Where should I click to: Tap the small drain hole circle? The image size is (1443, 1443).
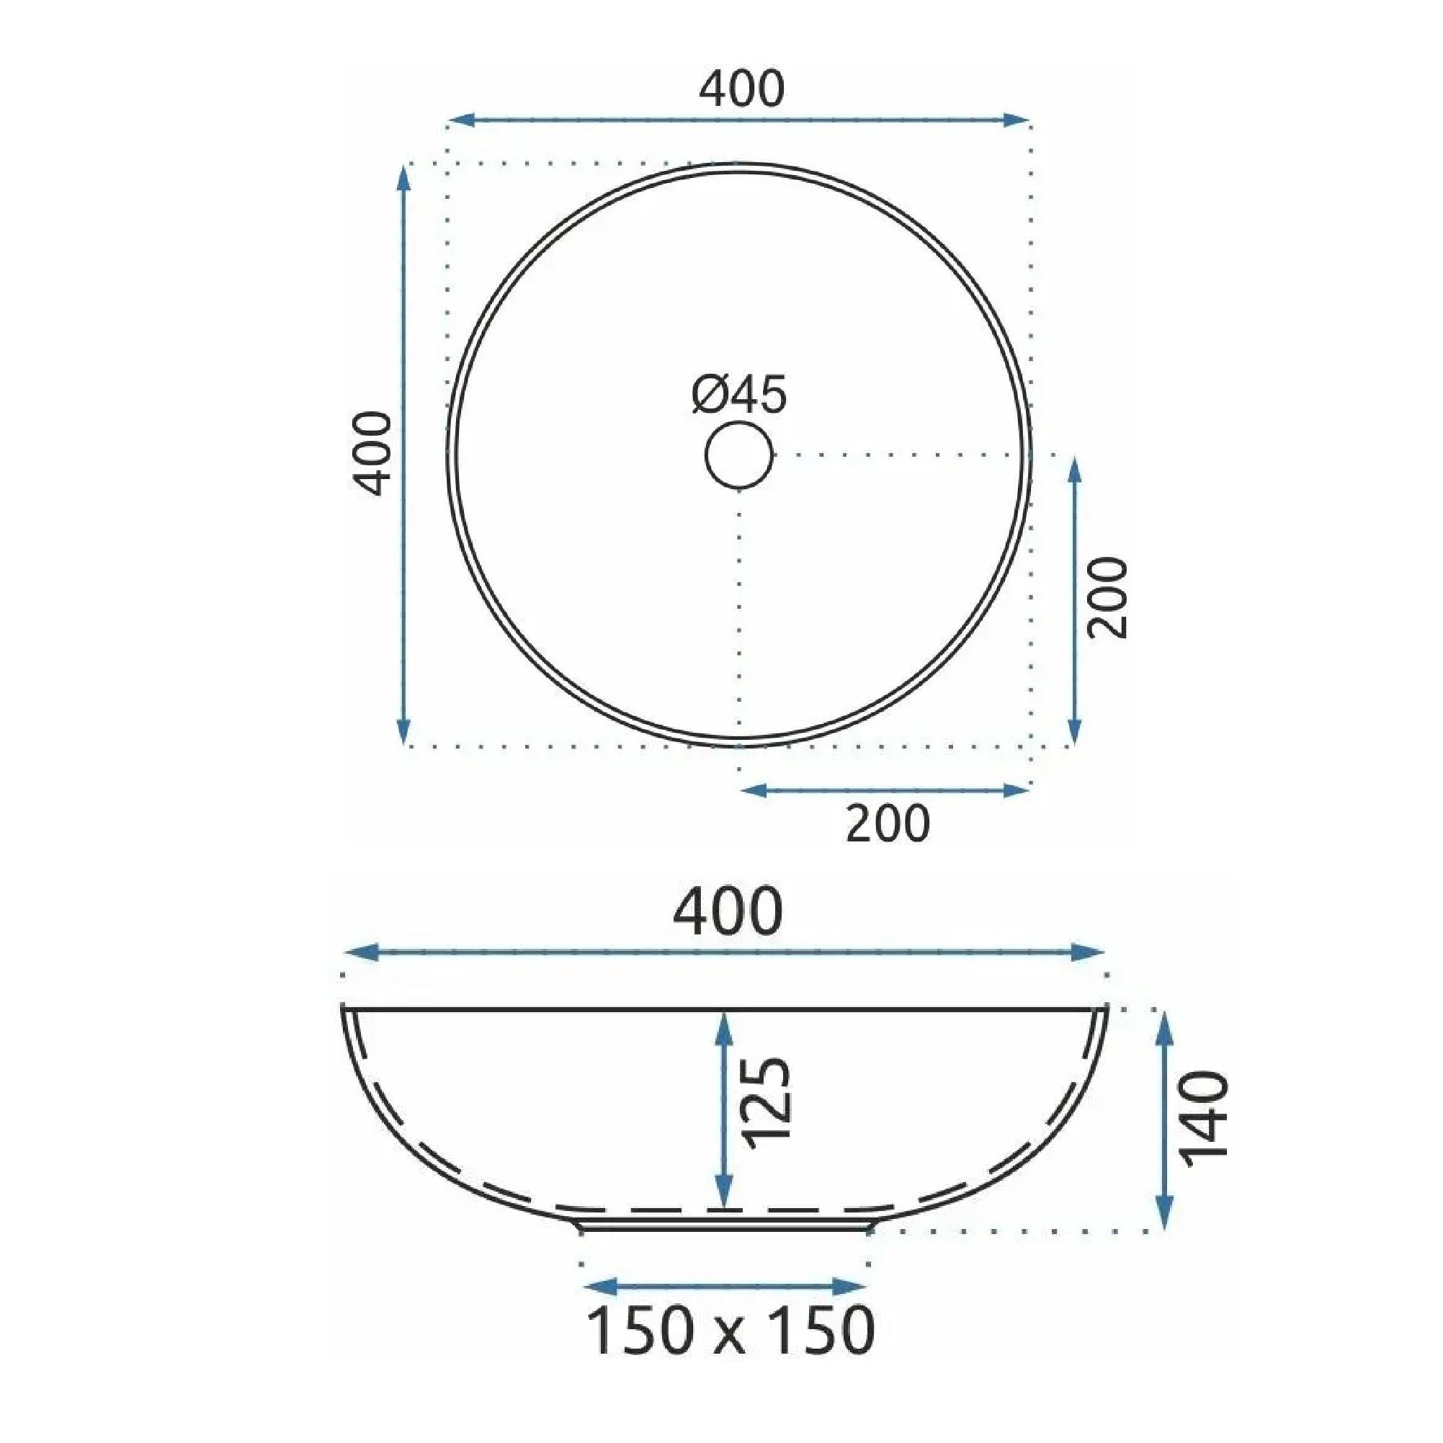(738, 455)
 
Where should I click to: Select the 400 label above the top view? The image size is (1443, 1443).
(741, 89)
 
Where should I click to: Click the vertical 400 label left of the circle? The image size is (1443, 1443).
(372, 452)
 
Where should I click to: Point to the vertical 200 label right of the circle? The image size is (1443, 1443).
(1107, 597)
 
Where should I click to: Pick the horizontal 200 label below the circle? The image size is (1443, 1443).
(888, 824)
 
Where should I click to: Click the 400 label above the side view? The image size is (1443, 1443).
(728, 912)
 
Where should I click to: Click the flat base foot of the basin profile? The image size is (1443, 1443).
(725, 1224)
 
